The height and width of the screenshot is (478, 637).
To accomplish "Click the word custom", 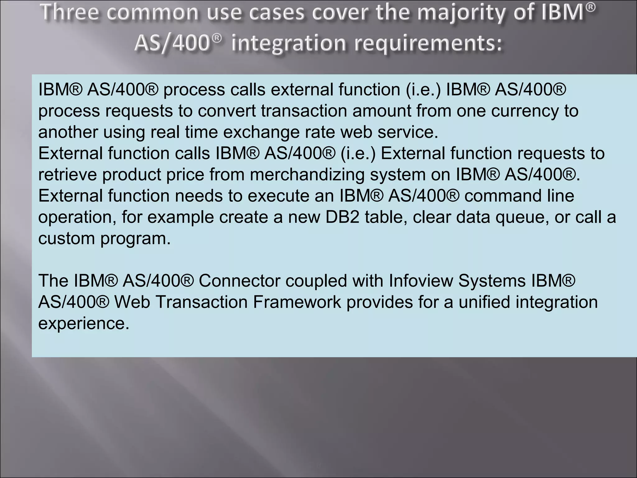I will [66, 238].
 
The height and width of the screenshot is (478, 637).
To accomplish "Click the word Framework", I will [297, 302].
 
